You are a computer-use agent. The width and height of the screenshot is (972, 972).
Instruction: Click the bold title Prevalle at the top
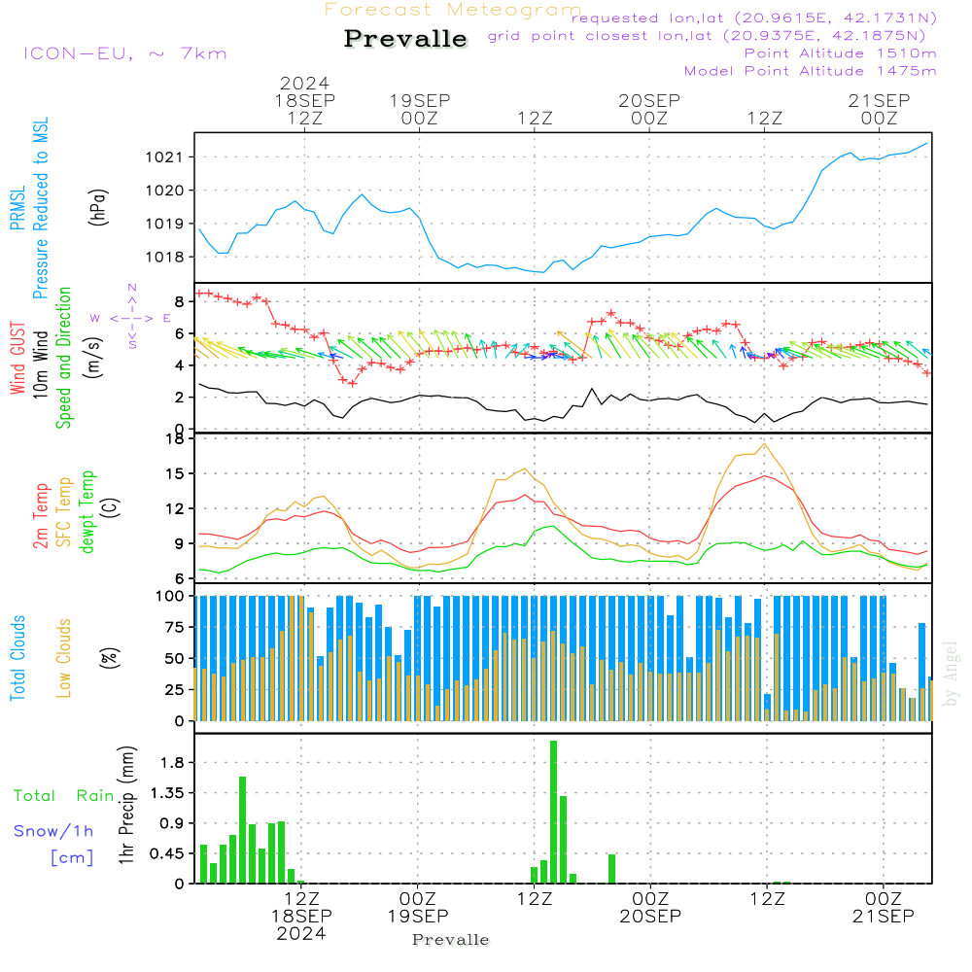tap(405, 40)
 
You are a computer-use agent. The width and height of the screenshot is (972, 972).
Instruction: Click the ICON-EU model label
tap(124, 53)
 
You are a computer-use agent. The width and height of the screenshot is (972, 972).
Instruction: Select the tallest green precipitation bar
tap(553, 812)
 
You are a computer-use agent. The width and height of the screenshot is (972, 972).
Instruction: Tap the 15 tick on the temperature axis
tap(175, 473)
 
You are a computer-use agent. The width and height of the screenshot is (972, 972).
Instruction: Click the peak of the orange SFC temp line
tap(765, 444)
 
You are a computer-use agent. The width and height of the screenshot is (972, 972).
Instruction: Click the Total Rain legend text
tap(63, 796)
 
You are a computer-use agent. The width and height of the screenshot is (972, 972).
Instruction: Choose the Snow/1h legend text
tap(53, 831)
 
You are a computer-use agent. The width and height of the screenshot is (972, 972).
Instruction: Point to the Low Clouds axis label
tap(64, 657)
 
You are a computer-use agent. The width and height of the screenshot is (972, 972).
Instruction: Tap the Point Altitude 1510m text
tap(840, 52)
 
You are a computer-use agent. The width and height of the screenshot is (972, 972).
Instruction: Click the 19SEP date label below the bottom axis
tap(418, 917)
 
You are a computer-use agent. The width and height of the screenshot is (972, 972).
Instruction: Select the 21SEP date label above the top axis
tap(879, 100)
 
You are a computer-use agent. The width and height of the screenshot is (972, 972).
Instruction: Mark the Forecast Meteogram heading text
tap(452, 10)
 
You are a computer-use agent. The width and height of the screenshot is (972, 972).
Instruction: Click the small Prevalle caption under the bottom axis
tap(451, 940)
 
